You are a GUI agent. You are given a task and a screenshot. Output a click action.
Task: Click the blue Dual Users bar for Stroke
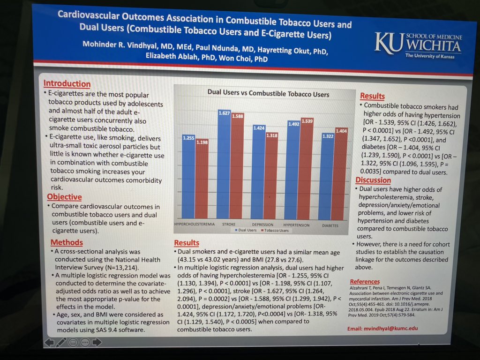click(224, 164)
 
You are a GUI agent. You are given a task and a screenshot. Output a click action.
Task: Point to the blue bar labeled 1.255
click(188, 178)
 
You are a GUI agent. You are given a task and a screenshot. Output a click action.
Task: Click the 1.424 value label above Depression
click(259, 127)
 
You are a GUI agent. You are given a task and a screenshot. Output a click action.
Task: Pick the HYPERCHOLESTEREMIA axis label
click(194, 225)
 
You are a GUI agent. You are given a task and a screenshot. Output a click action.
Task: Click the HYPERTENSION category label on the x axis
click(297, 225)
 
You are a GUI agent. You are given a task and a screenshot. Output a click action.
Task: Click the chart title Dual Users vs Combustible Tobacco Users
click(268, 94)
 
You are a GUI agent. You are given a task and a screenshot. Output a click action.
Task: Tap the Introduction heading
click(67, 84)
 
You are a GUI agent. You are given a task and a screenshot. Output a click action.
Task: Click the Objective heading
click(64, 197)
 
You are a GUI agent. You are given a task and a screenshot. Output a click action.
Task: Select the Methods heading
click(67, 242)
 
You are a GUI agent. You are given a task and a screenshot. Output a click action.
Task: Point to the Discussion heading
click(373, 180)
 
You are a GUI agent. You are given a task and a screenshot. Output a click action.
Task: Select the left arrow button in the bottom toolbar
click(49, 342)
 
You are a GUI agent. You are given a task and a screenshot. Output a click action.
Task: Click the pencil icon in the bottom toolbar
click(61, 342)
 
